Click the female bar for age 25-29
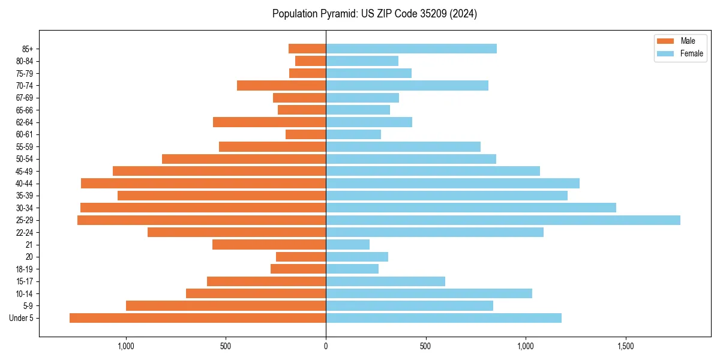click(x=503, y=220)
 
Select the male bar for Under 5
click(x=197, y=318)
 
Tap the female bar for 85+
click(x=411, y=49)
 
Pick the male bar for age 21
click(x=269, y=245)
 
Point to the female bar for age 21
click(x=347, y=245)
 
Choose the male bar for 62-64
click(x=269, y=122)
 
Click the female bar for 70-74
click(x=407, y=86)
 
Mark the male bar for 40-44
click(x=203, y=184)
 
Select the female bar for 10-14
click(x=428, y=293)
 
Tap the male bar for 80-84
click(x=310, y=61)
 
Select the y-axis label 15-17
click(x=25, y=281)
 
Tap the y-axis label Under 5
click(x=22, y=318)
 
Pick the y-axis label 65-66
click(x=25, y=110)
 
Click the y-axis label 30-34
click(x=25, y=208)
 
